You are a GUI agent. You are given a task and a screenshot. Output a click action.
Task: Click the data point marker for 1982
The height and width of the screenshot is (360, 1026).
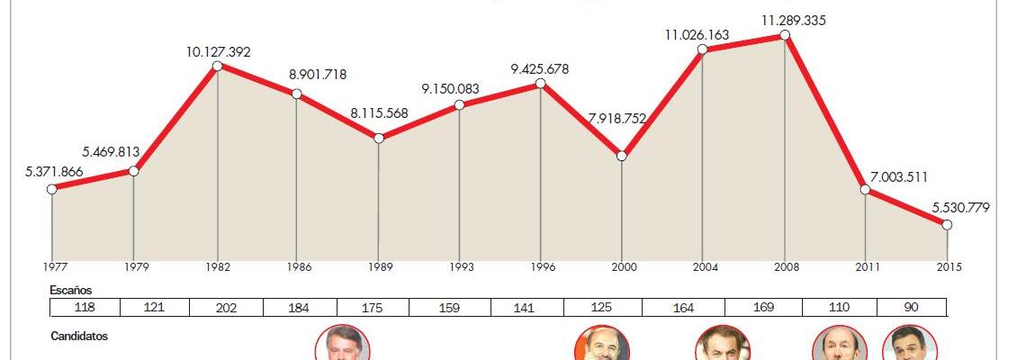pos(217,66)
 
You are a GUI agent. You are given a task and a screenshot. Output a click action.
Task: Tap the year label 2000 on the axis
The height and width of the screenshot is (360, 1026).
pos(622,267)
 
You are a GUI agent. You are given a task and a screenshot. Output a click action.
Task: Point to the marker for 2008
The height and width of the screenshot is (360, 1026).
pos(785,35)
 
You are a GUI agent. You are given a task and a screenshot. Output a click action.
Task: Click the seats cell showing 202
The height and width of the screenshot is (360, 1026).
pos(227,308)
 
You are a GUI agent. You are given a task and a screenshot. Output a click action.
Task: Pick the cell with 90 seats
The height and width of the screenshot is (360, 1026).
pos(911,308)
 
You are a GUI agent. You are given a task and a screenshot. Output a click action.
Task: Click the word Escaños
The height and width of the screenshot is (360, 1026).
pos(72,291)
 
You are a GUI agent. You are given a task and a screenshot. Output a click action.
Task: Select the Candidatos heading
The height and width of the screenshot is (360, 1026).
pos(79,336)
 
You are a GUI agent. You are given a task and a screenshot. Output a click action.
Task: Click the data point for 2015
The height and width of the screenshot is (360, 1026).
pos(947,225)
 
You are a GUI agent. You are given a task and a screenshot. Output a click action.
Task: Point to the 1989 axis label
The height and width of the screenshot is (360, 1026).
pos(379,267)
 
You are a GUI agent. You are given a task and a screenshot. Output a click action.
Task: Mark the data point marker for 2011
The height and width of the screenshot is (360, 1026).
pos(865,190)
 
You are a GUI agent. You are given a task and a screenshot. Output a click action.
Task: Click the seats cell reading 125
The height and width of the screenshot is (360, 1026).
pos(603,308)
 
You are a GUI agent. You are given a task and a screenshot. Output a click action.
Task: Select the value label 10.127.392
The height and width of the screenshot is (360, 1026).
pos(219,52)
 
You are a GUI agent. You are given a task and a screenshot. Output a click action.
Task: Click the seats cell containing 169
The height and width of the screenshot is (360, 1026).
pos(763,308)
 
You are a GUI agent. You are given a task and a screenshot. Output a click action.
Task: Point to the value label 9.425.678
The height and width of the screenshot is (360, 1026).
pos(540,69)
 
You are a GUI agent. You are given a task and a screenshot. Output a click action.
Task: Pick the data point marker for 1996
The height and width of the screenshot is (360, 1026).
pos(541,84)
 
